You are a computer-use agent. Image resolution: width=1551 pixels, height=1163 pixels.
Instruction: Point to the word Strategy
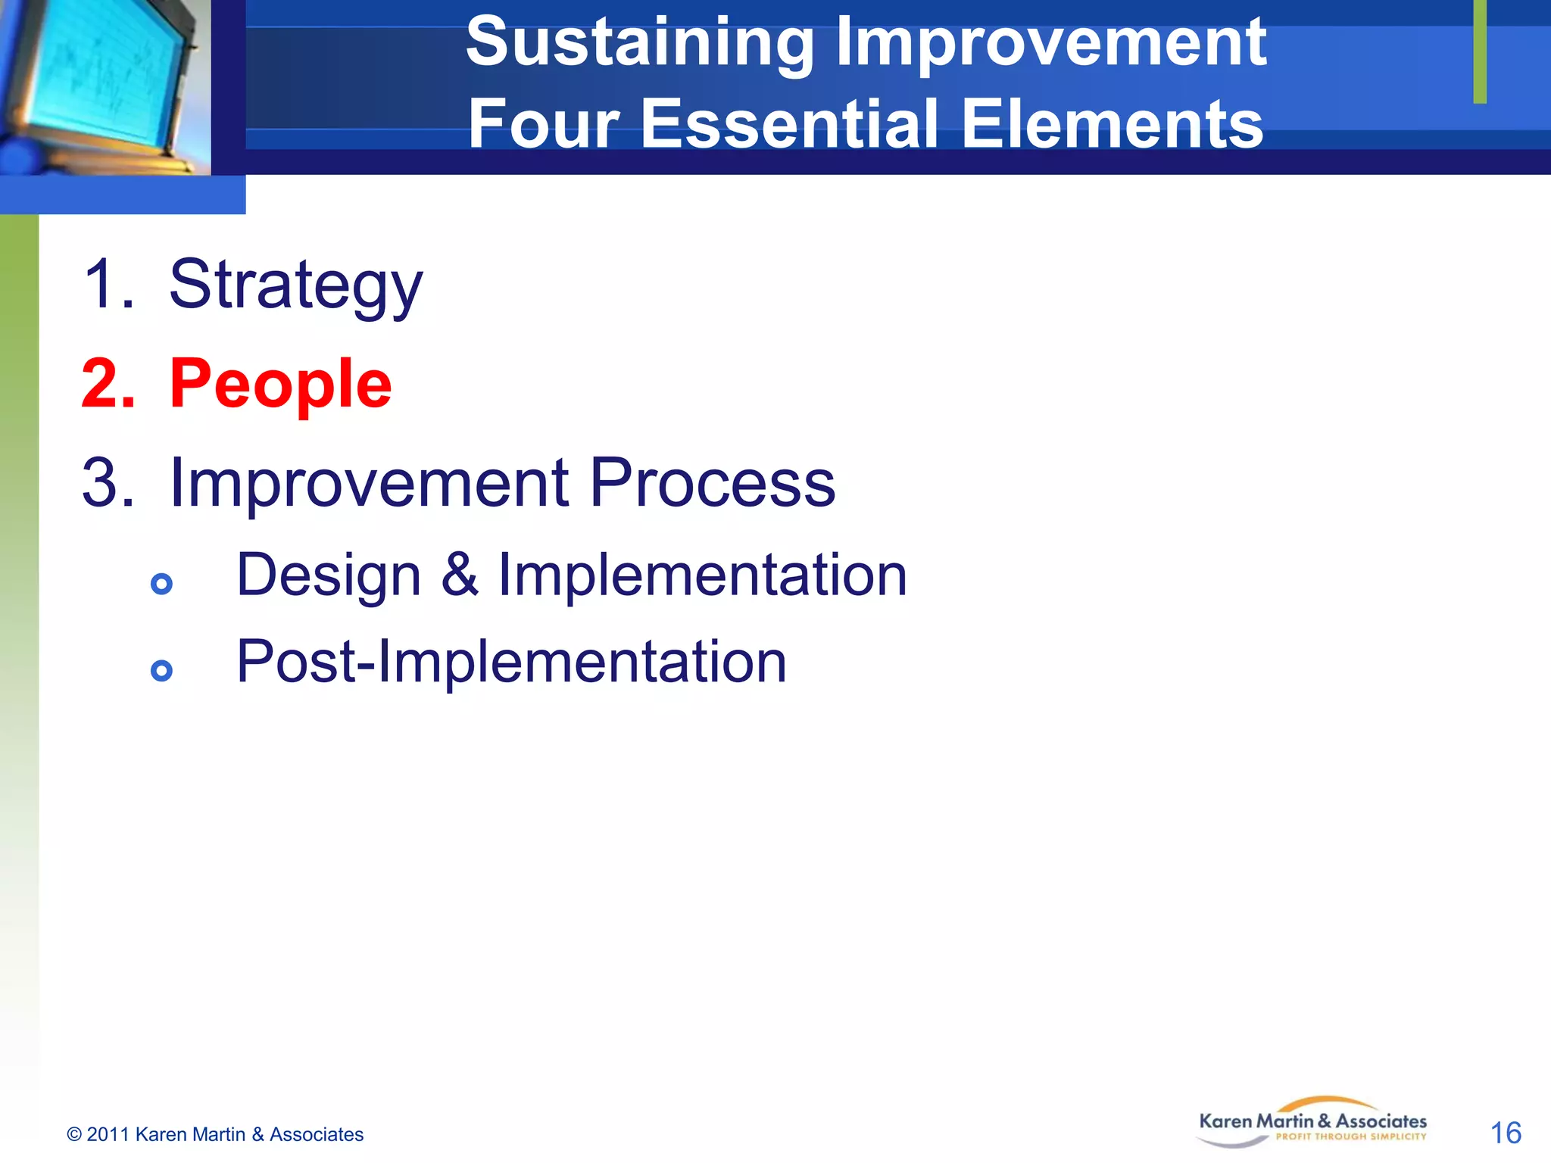(295, 286)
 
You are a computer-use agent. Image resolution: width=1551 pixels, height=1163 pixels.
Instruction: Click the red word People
(280, 385)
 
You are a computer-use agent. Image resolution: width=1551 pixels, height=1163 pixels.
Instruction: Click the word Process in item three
(712, 483)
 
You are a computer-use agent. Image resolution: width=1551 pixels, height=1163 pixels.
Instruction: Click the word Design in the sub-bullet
(329, 575)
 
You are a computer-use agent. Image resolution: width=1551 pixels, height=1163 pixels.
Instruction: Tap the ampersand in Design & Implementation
(460, 575)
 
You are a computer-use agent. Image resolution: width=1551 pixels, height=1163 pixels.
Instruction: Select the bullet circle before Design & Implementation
(161, 584)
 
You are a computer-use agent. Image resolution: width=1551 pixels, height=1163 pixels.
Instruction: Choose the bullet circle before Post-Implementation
(161, 670)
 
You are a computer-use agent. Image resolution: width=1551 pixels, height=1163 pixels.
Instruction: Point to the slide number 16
(1505, 1133)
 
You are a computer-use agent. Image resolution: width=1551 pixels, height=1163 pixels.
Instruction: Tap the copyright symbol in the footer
(74, 1134)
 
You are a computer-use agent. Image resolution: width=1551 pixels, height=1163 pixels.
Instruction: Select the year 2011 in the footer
(108, 1134)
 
